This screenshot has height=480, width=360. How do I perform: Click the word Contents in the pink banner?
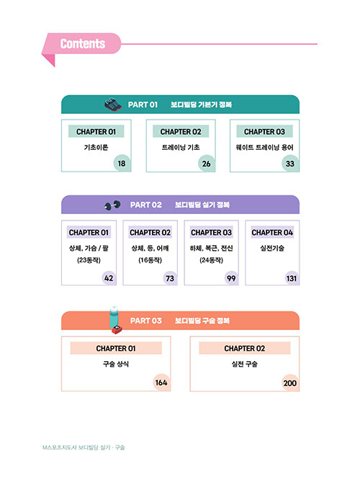[83, 43]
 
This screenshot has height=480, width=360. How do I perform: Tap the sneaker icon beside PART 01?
[112, 105]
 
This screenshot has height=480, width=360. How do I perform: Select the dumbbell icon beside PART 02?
[112, 205]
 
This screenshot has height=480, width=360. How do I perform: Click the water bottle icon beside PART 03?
[115, 319]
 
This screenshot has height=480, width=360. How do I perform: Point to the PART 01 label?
[143, 105]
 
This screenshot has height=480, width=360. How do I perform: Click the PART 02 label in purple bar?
[146, 205]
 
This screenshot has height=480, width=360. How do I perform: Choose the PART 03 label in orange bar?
[146, 321]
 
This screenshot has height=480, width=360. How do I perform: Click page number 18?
[122, 164]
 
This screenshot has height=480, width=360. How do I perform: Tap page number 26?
[206, 164]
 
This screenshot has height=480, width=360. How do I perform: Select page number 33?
[289, 164]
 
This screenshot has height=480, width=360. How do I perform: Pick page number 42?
[109, 278]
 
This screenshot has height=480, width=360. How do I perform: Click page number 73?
[170, 278]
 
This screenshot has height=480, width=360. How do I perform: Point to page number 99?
[231, 278]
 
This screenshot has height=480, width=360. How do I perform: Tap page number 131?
[291, 278]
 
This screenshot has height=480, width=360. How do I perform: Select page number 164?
[161, 383]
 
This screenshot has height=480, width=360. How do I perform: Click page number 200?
[289, 383]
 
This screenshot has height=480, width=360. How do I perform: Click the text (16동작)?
[150, 260]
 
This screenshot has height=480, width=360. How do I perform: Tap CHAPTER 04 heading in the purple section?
[272, 233]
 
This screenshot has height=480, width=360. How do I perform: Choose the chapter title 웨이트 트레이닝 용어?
[264, 148]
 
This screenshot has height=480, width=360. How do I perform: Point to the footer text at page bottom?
[84, 448]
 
